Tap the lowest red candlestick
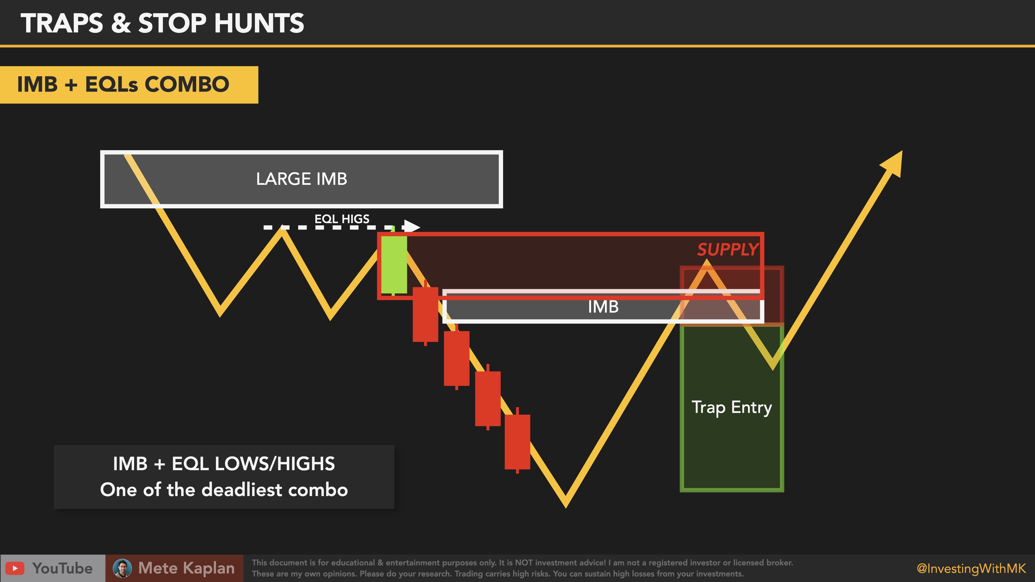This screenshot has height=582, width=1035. coord(517,441)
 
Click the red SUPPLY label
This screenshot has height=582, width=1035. coord(728,250)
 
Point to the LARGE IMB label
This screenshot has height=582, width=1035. coord(301,179)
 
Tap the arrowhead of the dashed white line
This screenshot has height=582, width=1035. coord(412,227)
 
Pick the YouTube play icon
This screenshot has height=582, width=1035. coord(15,568)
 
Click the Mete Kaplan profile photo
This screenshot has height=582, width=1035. coord(122,568)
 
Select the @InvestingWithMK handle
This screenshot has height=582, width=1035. coord(971,568)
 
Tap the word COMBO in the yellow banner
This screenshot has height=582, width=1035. coord(187,84)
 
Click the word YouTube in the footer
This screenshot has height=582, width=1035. coord(62,568)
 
